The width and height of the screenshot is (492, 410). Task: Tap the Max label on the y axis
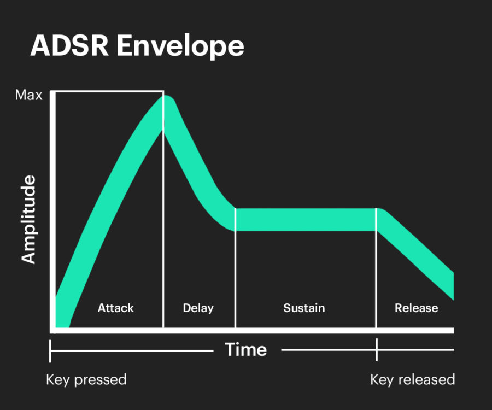(x=28, y=96)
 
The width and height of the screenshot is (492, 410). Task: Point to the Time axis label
(x=246, y=349)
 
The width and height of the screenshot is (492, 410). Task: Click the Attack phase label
(x=116, y=308)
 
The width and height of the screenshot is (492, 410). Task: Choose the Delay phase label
(x=198, y=308)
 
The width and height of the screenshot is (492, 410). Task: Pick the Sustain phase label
(x=304, y=308)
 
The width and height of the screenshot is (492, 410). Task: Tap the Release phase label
(x=416, y=308)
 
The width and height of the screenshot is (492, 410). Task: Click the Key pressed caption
(x=86, y=379)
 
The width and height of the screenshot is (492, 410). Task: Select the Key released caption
(x=412, y=379)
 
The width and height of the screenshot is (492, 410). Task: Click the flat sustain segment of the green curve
(x=306, y=219)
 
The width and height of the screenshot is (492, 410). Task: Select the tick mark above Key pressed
(x=50, y=350)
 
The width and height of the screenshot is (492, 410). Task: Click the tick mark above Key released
(x=376, y=350)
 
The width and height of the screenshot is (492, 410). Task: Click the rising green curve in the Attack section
(x=104, y=208)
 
